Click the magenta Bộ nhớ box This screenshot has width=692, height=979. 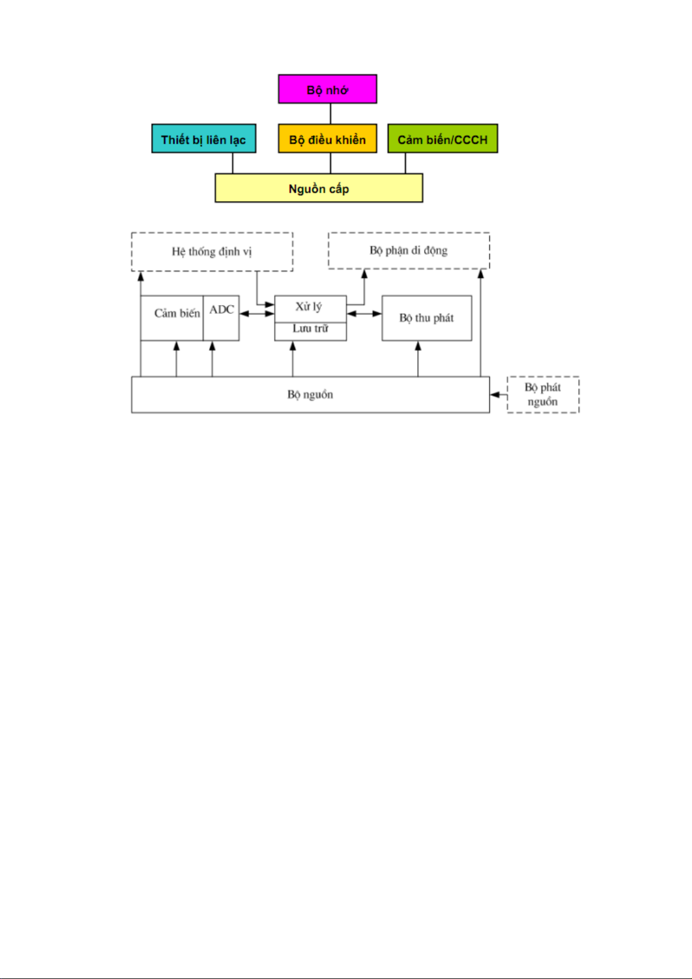tap(328, 89)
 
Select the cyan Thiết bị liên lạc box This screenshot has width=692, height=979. tap(204, 138)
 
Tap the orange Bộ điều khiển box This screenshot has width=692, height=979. tap(328, 138)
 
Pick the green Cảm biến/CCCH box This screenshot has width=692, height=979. tap(442, 138)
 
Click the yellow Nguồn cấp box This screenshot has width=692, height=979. tap(318, 188)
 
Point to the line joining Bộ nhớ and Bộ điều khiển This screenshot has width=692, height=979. tap(331, 114)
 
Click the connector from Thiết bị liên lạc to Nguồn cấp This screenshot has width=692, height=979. tap(232, 163)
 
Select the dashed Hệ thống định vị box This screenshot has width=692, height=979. tap(212, 252)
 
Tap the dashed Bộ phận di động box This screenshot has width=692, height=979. tap(408, 250)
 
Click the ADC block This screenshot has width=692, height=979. tap(221, 318)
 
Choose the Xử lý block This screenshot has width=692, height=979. tap(310, 309)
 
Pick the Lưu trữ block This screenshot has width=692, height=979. tap(310, 332)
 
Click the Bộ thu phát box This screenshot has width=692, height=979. tap(426, 318)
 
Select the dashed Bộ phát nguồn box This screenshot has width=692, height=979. tap(543, 395)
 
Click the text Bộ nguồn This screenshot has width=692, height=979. tap(310, 395)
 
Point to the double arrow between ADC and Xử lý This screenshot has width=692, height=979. tap(257, 313)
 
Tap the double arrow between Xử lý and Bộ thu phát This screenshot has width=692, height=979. tap(364, 313)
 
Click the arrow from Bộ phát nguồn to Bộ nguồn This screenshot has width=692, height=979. tap(499, 395)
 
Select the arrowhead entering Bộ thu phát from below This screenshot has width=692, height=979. tap(418, 346)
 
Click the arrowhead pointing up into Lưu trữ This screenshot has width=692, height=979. tap(293, 346)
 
